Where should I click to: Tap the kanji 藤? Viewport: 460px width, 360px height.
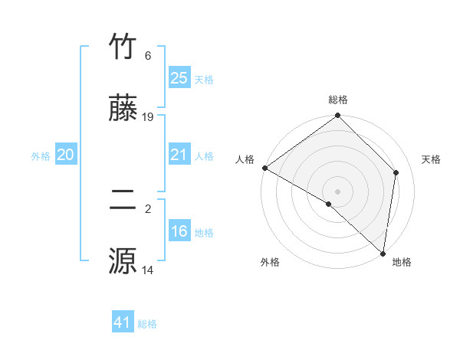point(123,109)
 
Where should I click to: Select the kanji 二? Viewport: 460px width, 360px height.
point(123,200)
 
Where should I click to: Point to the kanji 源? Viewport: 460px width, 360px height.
point(123,261)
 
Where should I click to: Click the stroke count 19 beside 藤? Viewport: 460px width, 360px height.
point(149,117)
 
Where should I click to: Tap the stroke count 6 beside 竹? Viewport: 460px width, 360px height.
point(148,56)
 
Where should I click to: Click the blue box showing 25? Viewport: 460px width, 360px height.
point(179,78)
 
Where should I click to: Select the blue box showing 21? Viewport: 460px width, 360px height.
point(179,155)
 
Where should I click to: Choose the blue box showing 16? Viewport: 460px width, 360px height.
point(179,231)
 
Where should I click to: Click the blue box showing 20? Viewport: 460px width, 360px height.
point(65,155)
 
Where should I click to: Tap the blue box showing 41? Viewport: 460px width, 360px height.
point(123,322)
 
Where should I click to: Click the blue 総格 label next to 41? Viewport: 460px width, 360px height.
point(147,324)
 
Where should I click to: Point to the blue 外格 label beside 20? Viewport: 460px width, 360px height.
point(41,156)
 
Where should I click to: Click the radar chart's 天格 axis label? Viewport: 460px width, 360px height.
point(432,159)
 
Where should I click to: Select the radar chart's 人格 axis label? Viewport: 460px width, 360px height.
point(245,159)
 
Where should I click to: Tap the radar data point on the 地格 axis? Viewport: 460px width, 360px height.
point(383,254)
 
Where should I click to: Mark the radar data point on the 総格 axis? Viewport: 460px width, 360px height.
point(338,116)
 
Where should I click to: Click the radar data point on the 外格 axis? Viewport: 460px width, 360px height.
point(329,204)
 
